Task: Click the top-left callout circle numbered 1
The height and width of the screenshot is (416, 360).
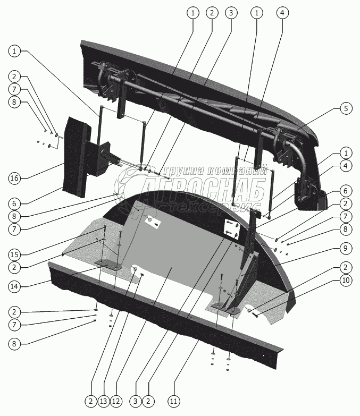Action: [x=15, y=51]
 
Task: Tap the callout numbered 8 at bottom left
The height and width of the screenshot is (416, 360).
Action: [x=15, y=343]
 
